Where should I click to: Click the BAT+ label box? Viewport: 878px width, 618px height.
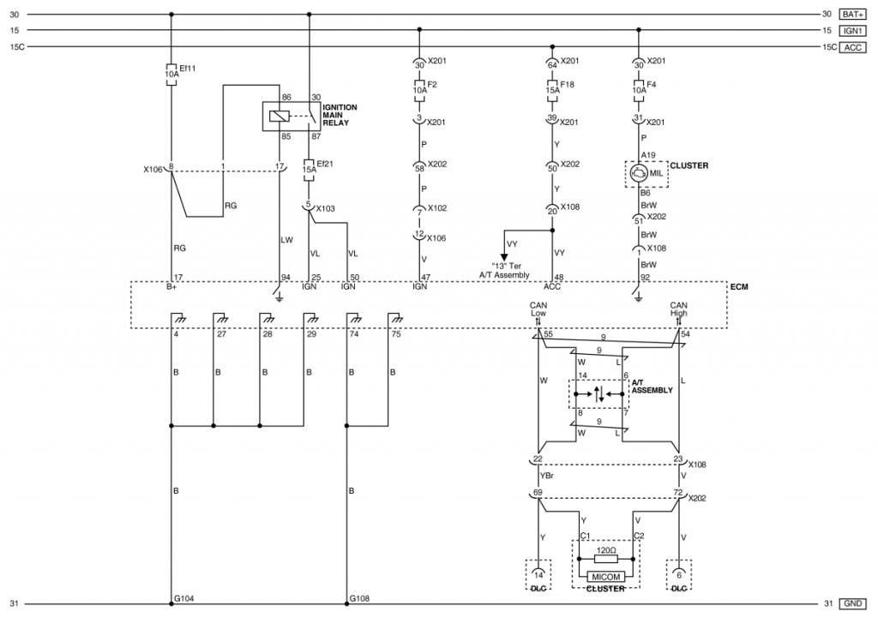coord(852,15)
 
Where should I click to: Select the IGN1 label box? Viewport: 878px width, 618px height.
coord(852,31)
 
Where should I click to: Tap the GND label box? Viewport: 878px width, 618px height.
coord(852,603)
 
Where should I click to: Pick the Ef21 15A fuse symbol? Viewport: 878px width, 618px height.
coord(309,170)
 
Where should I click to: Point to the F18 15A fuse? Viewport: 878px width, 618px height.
coord(552,91)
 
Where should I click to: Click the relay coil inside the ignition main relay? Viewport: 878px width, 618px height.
coord(279,117)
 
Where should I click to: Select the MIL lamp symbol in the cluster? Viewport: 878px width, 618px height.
coord(638,173)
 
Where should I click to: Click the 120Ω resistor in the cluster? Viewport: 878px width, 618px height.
coord(606,559)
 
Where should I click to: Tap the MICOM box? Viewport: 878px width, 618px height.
coord(606,577)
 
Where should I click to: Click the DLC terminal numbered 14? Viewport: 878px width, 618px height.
coord(538,575)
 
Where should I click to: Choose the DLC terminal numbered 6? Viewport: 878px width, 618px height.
coord(679,575)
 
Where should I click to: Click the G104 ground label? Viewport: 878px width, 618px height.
coord(183,598)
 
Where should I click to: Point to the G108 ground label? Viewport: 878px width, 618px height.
coord(359,598)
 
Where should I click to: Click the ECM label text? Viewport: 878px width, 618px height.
coord(739,286)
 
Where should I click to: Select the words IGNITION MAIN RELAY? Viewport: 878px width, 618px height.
coord(340,115)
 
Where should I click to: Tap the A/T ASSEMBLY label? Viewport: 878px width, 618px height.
coord(652,387)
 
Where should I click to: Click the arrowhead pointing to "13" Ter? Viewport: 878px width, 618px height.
coord(504,257)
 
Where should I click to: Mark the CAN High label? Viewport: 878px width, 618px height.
coord(679,309)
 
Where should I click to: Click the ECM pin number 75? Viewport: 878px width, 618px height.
coord(396,334)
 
